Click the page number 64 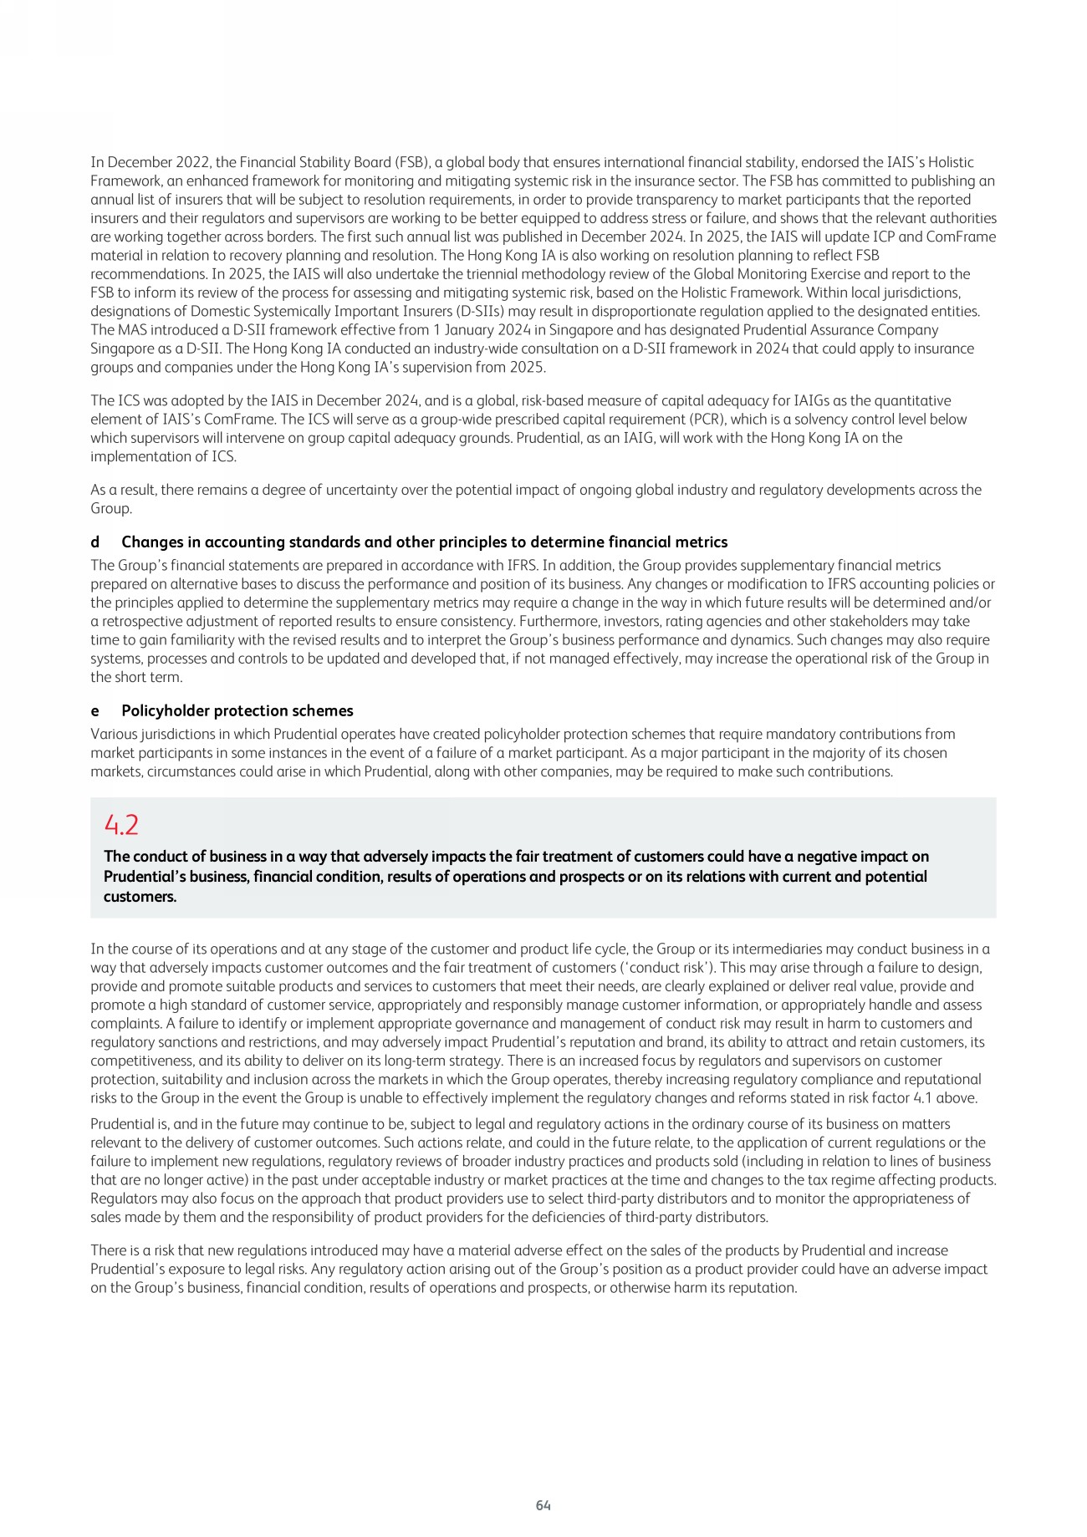click(x=543, y=1505)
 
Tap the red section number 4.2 click(x=121, y=825)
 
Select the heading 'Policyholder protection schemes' click(x=237, y=710)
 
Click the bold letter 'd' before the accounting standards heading click(x=94, y=542)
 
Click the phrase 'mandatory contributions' click(x=852, y=734)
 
